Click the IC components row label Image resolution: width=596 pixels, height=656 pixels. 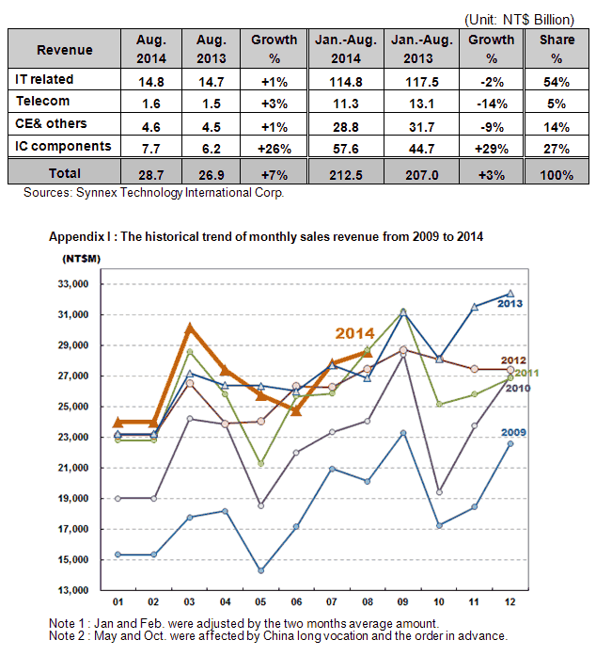(63, 146)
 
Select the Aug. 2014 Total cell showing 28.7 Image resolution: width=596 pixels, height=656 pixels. (151, 174)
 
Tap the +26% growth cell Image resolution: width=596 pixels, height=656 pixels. (274, 149)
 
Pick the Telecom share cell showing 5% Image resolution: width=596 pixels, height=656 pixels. (557, 104)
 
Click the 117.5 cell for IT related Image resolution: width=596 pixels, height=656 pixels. (422, 82)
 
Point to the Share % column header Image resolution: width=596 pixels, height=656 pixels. (557, 49)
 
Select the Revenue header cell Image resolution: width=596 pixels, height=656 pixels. (64, 50)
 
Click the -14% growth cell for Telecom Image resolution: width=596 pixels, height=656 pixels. (492, 104)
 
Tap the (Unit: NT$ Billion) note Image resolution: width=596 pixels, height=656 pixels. (519, 19)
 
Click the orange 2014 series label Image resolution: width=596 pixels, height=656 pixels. (354, 333)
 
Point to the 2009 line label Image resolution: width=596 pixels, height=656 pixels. (513, 432)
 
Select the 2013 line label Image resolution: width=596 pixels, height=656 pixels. (510, 303)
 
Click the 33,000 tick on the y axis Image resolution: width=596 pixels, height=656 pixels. (73, 284)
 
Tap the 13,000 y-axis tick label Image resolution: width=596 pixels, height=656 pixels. (73, 590)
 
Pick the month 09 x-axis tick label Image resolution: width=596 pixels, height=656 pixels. (403, 601)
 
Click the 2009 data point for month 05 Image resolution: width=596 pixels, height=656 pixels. (260, 570)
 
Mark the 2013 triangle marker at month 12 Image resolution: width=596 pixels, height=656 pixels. (510, 294)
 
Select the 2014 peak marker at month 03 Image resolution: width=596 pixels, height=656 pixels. (190, 328)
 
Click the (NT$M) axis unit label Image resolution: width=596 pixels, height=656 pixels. (82, 259)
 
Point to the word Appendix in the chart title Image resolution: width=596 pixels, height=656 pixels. (76, 237)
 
